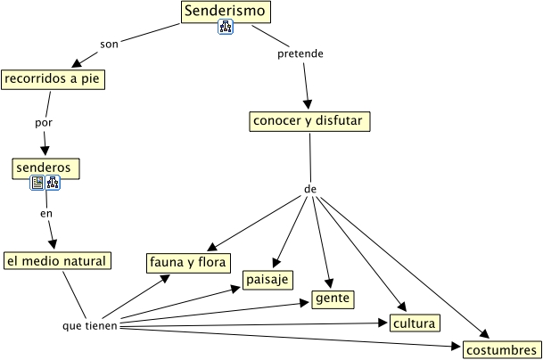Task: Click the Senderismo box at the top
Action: pyautogui.click(x=226, y=12)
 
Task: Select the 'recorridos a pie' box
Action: pyautogui.click(x=53, y=79)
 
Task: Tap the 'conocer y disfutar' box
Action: pyautogui.click(x=309, y=121)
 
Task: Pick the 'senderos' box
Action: pyautogui.click(x=45, y=168)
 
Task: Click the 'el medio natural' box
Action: pyautogui.click(x=57, y=261)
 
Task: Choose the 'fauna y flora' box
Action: pyautogui.click(x=188, y=263)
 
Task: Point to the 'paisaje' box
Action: pyautogui.click(x=267, y=280)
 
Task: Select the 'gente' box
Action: pyautogui.click(x=333, y=299)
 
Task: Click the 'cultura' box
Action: pyautogui.click(x=415, y=323)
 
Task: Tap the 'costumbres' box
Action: pyautogui.click(x=502, y=349)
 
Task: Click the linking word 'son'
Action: pyautogui.click(x=109, y=45)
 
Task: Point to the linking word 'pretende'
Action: pyautogui.click(x=300, y=54)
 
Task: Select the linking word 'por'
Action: pyautogui.click(x=44, y=123)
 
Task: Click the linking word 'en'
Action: pyautogui.click(x=46, y=214)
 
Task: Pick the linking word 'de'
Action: pyautogui.click(x=310, y=189)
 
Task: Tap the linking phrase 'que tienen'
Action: pyautogui.click(x=90, y=326)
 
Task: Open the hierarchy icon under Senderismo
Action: pyautogui.click(x=226, y=27)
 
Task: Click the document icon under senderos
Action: pyautogui.click(x=37, y=183)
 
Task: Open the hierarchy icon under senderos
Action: pyautogui.click(x=53, y=183)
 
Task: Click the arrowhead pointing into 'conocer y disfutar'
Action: pyautogui.click(x=308, y=104)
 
